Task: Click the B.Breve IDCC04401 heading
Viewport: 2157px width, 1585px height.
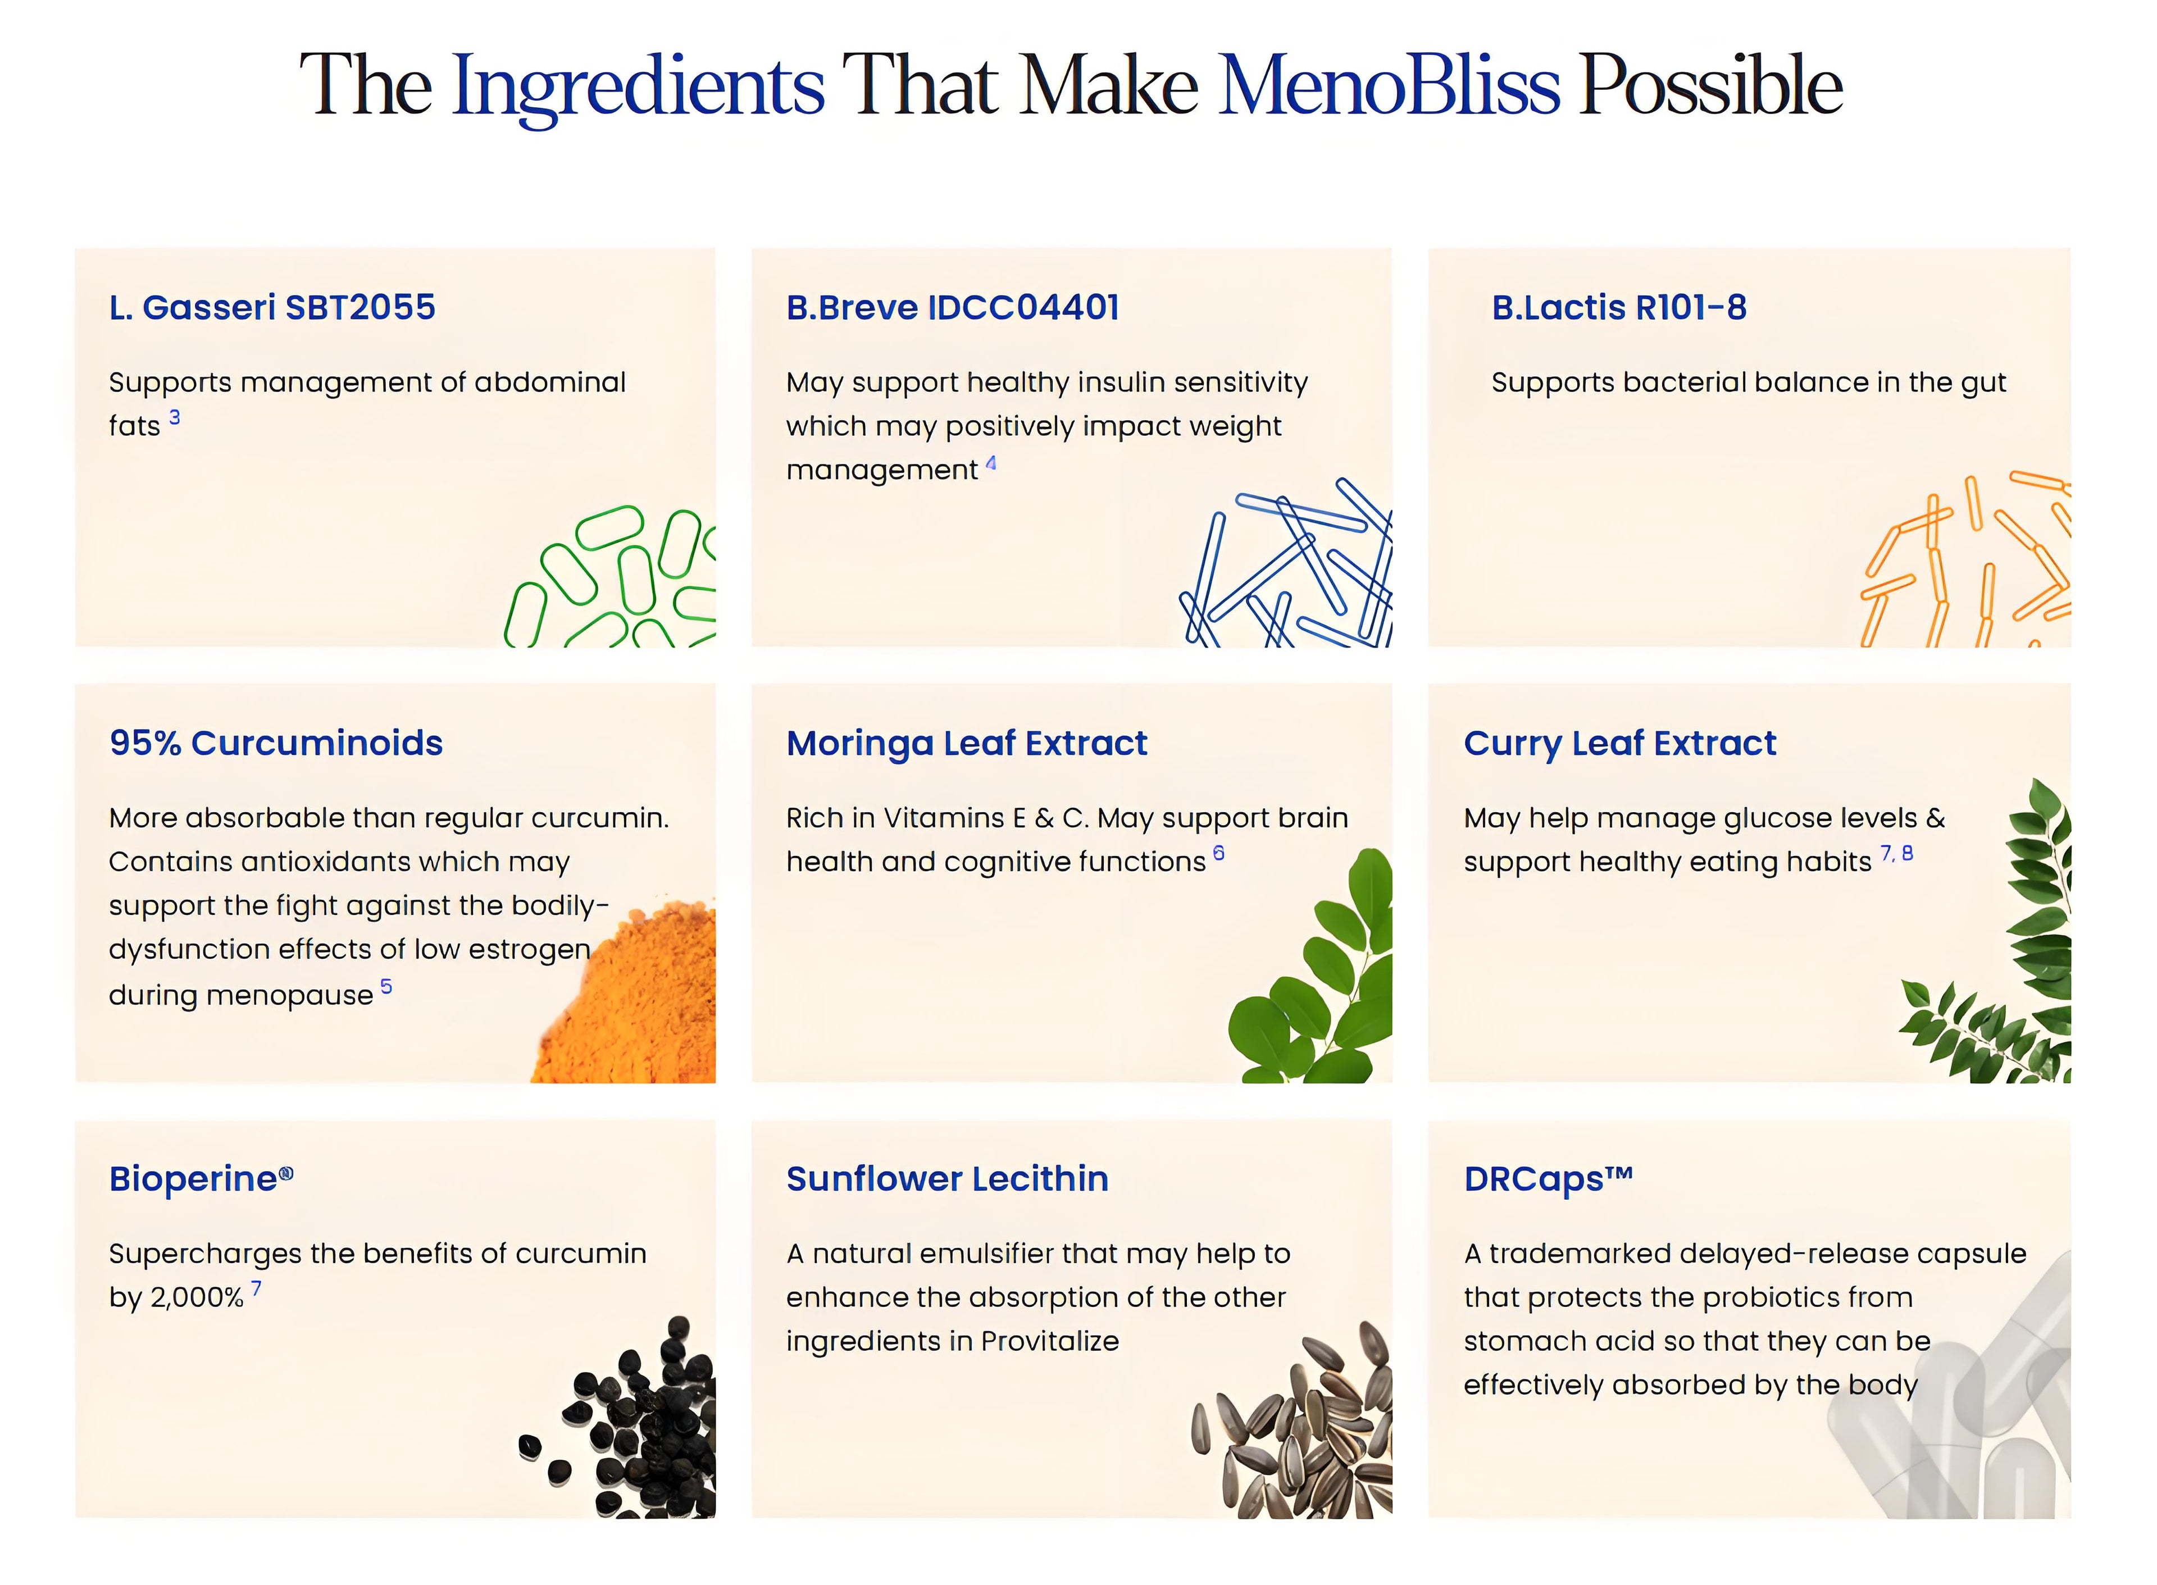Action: coord(953,307)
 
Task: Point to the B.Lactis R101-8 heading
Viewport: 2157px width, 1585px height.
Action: coord(1619,307)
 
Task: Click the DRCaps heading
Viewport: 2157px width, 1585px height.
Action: coord(1548,1179)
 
